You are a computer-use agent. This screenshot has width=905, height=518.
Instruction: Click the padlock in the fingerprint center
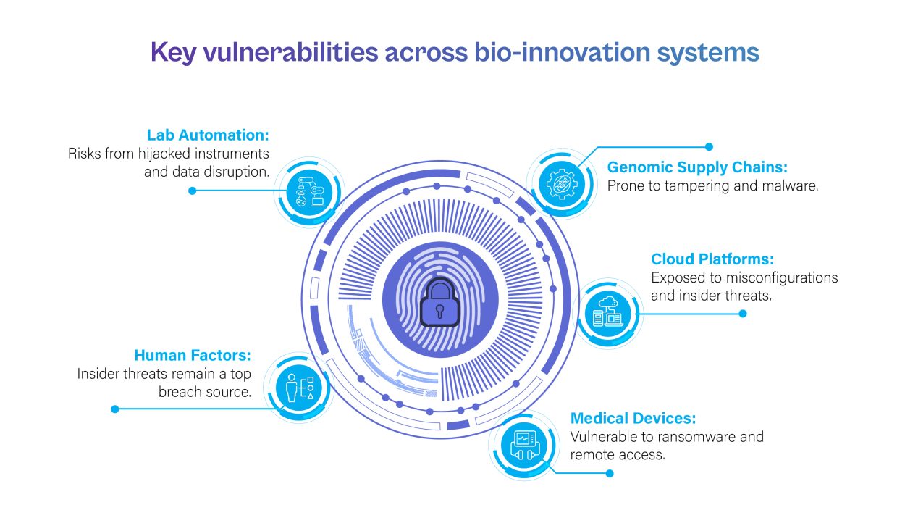click(x=440, y=303)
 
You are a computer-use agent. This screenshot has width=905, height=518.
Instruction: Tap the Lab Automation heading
click(x=208, y=135)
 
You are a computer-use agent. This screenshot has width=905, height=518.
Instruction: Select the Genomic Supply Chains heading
click(x=697, y=167)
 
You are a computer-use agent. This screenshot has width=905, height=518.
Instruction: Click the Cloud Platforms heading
click(x=712, y=259)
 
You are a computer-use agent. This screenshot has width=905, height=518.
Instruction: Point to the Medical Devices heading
click(x=633, y=418)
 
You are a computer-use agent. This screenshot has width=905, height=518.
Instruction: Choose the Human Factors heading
click(x=193, y=355)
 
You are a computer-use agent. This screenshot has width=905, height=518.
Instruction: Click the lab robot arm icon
click(x=310, y=192)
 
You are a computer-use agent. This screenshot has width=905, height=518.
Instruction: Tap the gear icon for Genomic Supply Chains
click(x=562, y=184)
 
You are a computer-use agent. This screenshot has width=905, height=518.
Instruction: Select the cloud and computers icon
click(x=607, y=312)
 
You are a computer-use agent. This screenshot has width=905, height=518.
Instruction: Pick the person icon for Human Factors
click(x=291, y=388)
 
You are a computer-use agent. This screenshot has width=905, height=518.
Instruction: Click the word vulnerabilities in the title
click(x=290, y=53)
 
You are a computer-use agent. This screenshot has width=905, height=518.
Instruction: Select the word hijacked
click(x=164, y=154)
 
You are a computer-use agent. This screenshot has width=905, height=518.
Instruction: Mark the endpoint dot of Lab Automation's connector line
click(x=193, y=191)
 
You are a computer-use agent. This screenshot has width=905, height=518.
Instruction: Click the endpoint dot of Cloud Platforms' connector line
click(x=743, y=314)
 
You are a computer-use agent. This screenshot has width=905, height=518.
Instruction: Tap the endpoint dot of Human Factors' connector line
click(x=115, y=409)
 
